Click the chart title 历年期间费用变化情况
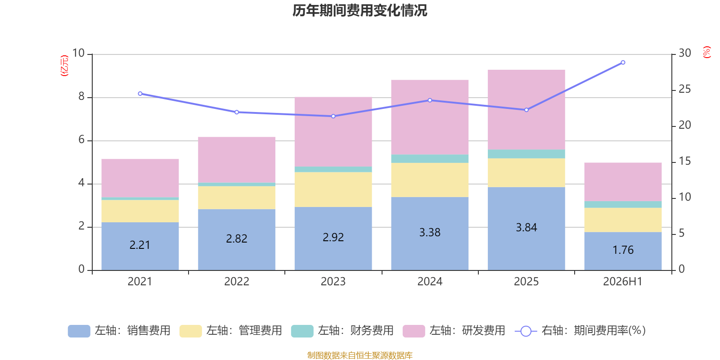click(360, 11)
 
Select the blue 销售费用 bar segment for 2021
click(140, 246)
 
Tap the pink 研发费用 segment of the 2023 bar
click(333, 132)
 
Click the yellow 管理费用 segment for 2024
click(430, 180)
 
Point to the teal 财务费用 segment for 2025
click(526, 154)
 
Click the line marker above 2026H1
click(623, 63)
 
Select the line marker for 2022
click(237, 112)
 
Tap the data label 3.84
click(526, 228)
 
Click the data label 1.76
click(623, 250)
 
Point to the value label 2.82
click(237, 238)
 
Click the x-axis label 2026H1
click(623, 282)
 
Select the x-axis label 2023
click(333, 282)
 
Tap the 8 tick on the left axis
click(81, 96)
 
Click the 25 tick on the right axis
click(684, 89)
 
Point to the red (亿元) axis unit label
click(65, 66)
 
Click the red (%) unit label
click(706, 52)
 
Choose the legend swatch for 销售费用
click(79, 331)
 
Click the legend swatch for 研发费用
click(414, 331)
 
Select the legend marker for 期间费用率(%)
click(526, 331)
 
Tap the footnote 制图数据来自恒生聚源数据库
click(360, 355)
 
